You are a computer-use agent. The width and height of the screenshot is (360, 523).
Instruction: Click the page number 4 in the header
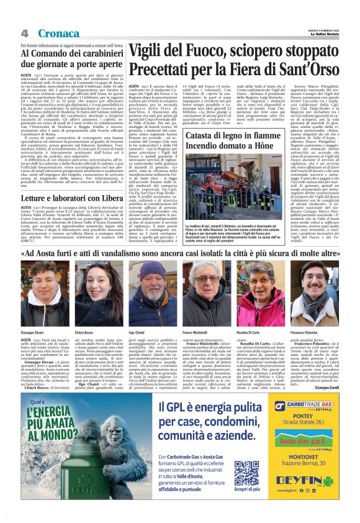(24, 33)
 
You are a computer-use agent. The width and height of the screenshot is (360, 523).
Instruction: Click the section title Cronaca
(58, 33)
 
